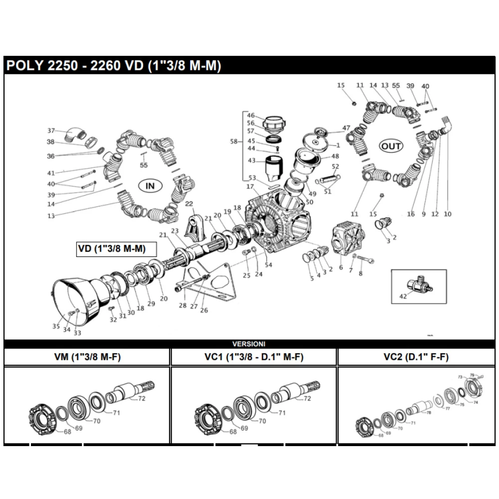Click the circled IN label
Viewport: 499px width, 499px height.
150,186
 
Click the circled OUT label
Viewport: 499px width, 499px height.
391,146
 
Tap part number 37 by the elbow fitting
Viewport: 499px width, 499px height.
51,131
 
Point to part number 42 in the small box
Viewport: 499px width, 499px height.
403,296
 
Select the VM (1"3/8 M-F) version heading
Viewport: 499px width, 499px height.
87,357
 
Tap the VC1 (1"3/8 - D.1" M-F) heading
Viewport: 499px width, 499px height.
254,357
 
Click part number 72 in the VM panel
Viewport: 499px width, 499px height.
141,398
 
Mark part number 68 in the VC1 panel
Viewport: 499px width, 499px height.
233,432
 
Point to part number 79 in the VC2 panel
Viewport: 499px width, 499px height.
472,374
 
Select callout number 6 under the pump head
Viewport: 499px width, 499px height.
341,267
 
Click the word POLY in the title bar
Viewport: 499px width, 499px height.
27,66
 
